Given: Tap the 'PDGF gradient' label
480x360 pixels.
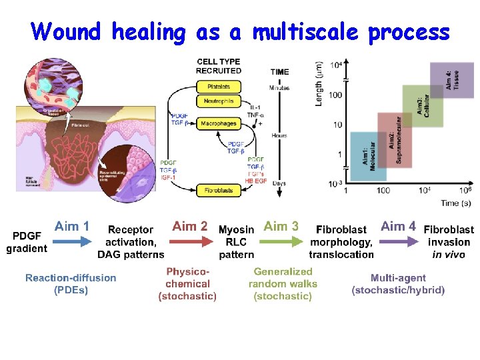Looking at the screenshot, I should coord(27,242).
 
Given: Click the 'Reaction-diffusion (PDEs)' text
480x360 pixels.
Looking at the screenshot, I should coord(71,283).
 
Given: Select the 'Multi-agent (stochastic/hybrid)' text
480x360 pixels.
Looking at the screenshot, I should coord(398,283).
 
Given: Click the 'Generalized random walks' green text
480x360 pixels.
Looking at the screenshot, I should coord(283,277).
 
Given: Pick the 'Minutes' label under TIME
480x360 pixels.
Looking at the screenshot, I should coord(279,87).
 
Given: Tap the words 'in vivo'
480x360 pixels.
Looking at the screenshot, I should coord(449,255).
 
